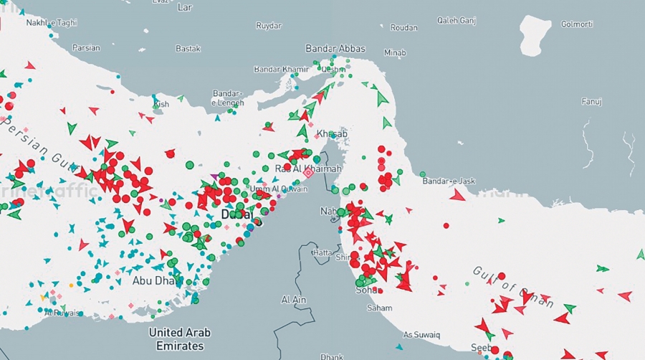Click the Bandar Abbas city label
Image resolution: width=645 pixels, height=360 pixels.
pyautogui.click(x=335, y=49)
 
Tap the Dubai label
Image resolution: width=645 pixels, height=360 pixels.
pyautogui.click(x=237, y=214)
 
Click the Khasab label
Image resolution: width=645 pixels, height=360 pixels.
pyautogui.click(x=332, y=133)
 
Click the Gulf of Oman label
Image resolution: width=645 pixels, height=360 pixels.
pyautogui.click(x=512, y=285)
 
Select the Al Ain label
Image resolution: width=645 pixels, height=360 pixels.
pyautogui.click(x=294, y=299)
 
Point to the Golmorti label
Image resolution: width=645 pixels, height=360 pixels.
pyautogui.click(x=576, y=24)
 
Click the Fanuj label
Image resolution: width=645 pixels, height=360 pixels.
pyautogui.click(x=591, y=101)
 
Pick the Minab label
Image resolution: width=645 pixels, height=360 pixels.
pyautogui.click(x=394, y=53)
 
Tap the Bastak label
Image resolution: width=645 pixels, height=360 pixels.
pyautogui.click(x=188, y=49)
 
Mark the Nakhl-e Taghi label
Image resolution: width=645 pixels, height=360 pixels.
pyautogui.click(x=51, y=23)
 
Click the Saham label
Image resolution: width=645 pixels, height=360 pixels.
pyautogui.click(x=379, y=308)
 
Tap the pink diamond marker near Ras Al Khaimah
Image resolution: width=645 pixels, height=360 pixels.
pyautogui.click(x=308, y=173)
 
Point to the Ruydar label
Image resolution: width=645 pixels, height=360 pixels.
pyautogui.click(x=269, y=26)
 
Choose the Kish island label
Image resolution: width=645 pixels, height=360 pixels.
pyautogui.click(x=162, y=104)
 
